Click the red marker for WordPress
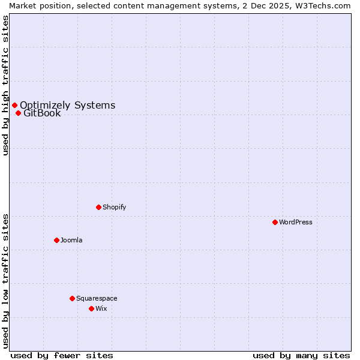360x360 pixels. point(275,222)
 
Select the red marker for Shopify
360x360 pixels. point(98,207)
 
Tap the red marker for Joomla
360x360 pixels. point(56,240)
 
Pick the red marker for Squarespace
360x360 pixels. point(72,298)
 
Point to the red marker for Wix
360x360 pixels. point(91,308)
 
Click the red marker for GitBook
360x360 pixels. point(18,113)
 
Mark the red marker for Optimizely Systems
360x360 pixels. point(14,105)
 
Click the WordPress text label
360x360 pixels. point(296,222)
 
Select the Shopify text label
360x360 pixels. point(114,207)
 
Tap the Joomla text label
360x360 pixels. point(71,240)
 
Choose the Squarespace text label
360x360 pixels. point(97,298)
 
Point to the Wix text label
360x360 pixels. point(101,308)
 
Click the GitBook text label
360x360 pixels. point(42,113)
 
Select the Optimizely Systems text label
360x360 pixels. point(67,105)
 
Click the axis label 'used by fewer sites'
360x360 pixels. point(62,355)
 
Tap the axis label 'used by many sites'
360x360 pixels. point(301,355)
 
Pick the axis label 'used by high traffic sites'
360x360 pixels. point(5,85)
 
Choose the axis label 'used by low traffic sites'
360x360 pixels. point(5,280)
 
